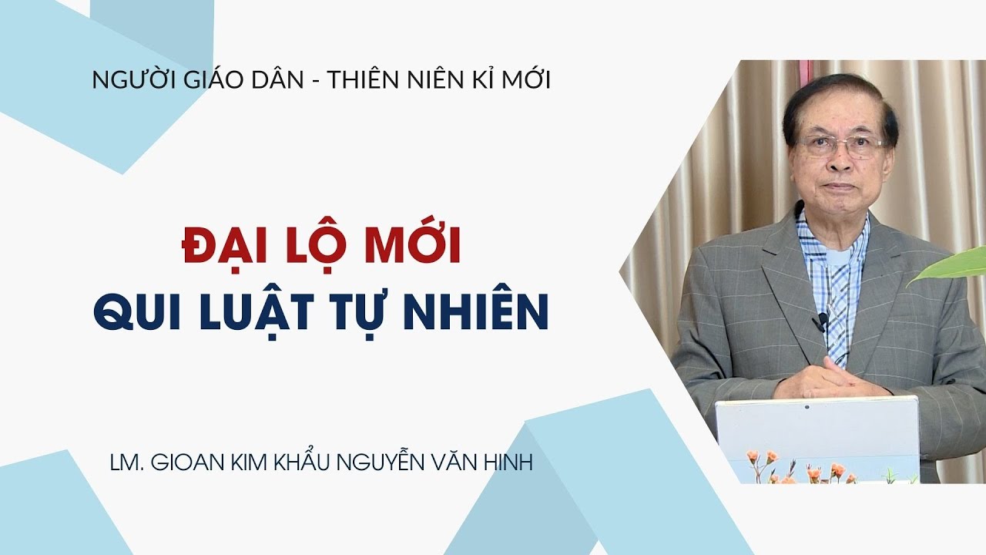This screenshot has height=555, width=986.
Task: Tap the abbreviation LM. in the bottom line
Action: click(126, 465)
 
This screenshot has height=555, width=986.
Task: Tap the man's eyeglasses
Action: click(840, 146)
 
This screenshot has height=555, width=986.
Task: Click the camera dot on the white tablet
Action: click(807, 405)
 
